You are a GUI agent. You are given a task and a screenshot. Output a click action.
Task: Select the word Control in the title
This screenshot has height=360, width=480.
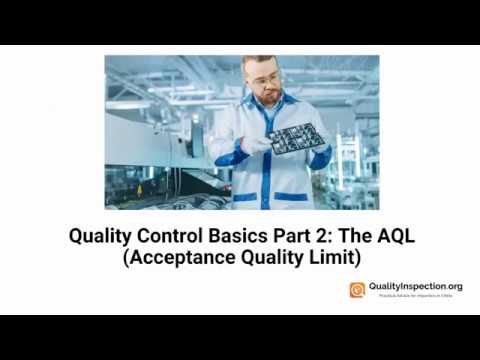tap(171, 238)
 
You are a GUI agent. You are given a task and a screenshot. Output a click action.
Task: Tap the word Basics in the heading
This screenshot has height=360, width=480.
tap(238, 238)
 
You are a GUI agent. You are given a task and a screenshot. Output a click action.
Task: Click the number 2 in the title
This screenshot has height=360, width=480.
tap(326, 238)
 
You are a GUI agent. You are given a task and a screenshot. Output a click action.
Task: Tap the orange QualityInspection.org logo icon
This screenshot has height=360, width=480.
tap(356, 290)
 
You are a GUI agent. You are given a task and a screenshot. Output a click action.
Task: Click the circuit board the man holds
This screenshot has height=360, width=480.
tap(295, 138)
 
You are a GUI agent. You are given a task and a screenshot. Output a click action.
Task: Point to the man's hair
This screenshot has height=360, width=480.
tap(259, 63)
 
